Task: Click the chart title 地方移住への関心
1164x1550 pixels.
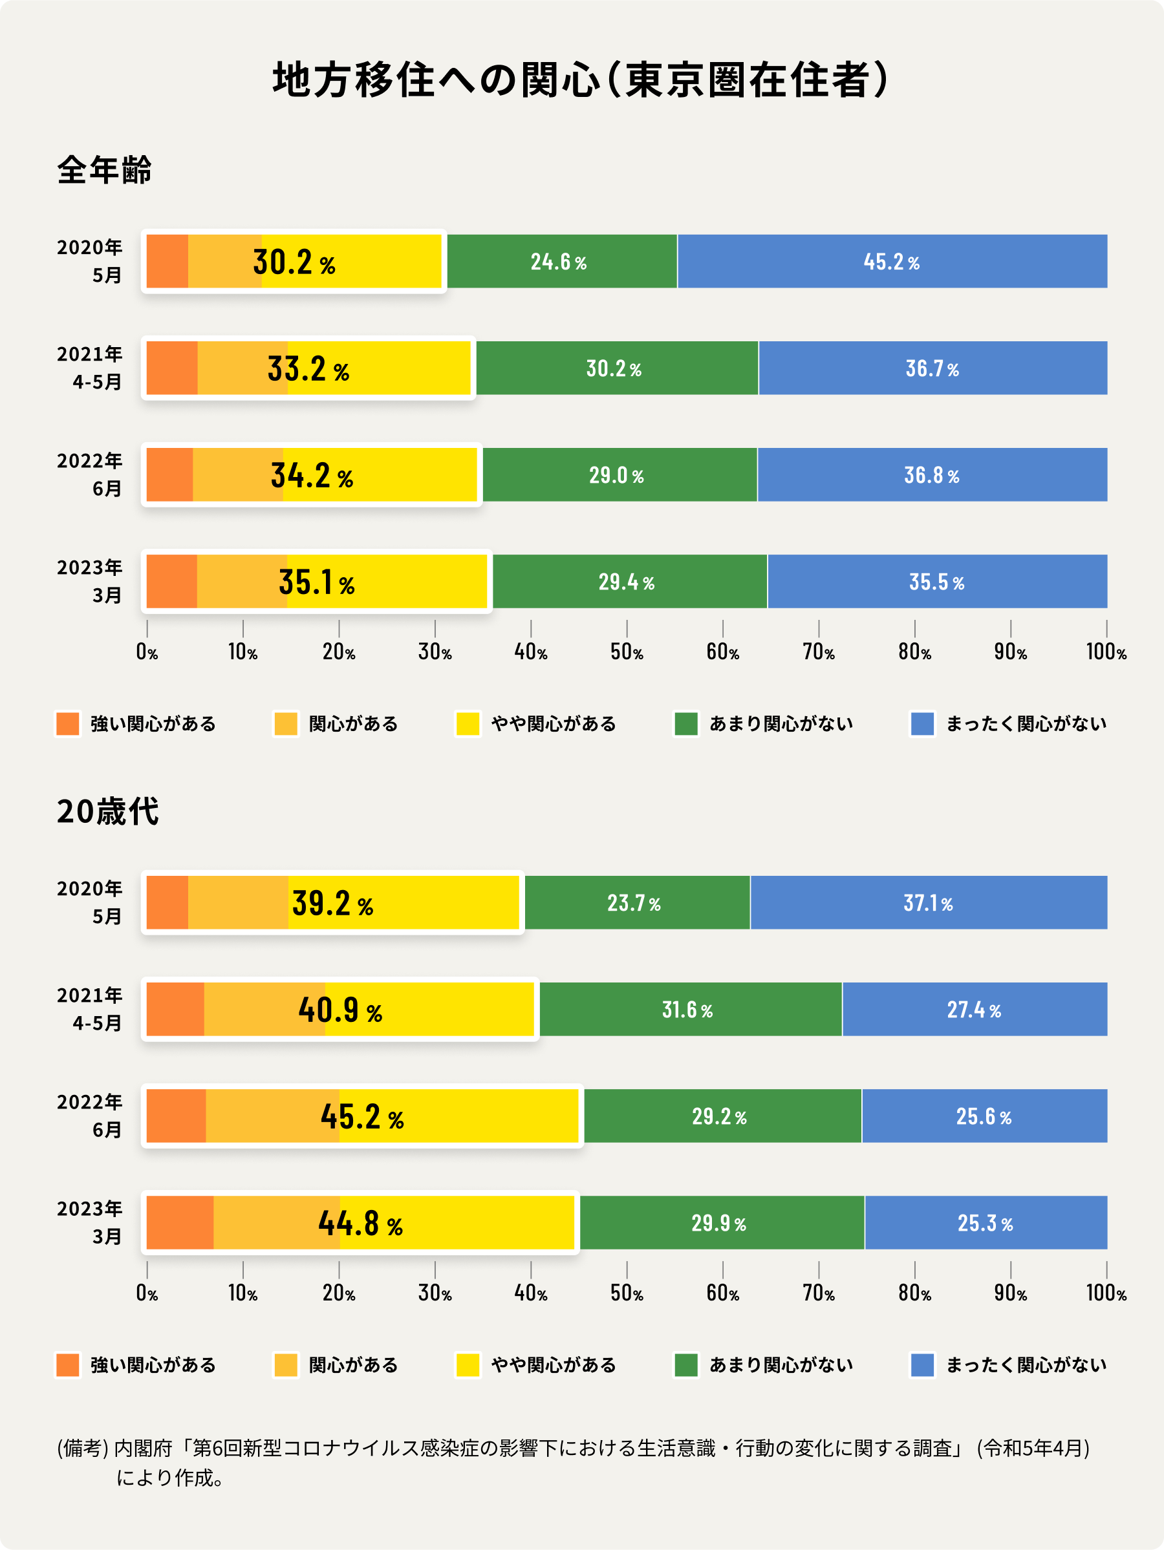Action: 436,80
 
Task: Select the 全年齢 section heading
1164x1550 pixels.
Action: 103,169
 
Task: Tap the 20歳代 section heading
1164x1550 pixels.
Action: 107,811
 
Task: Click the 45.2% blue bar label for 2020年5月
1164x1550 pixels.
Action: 891,262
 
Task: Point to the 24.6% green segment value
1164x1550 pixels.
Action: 558,262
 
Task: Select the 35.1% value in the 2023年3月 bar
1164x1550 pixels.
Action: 316,582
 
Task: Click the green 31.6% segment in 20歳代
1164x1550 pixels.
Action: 687,1010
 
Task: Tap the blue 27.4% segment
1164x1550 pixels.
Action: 973,1010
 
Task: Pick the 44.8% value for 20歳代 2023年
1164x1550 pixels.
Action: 360,1224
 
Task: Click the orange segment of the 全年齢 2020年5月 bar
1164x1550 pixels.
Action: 167,261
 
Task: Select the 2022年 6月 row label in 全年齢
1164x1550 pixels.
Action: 90,474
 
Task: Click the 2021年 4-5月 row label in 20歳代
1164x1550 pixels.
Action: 90,1009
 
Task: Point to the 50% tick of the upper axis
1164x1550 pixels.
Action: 626,652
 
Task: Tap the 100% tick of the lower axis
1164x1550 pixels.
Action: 1106,1293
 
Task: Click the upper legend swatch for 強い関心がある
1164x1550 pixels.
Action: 68,724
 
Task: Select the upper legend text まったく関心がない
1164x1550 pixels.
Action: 1026,724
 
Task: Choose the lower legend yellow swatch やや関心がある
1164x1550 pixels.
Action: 468,1365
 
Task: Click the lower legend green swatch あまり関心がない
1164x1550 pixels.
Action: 685,1365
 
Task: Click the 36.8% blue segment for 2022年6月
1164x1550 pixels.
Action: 931,475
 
